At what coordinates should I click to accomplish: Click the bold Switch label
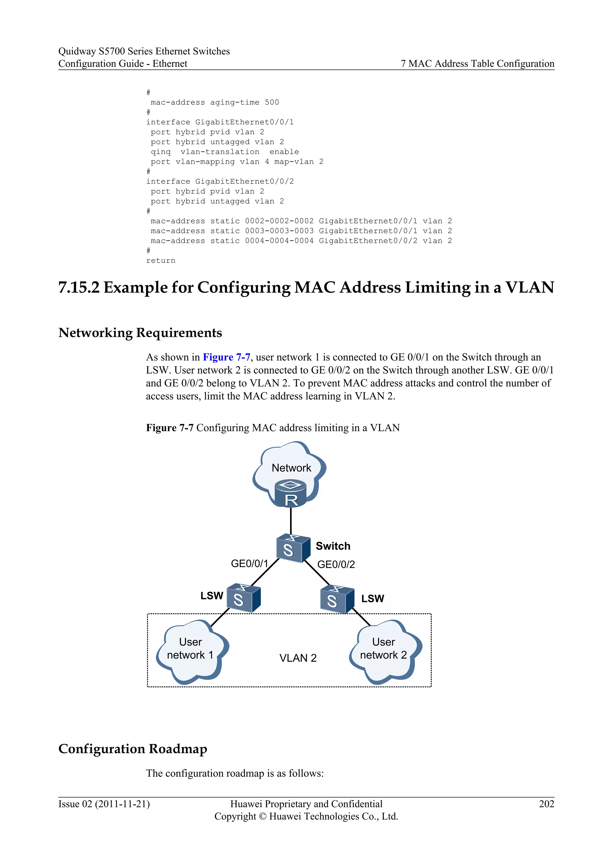(x=333, y=546)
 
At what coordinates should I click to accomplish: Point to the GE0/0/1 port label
(x=249, y=563)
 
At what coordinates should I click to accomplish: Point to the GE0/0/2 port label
(x=336, y=564)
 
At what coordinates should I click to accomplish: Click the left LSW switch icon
(x=243, y=598)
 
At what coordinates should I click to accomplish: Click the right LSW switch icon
(x=337, y=599)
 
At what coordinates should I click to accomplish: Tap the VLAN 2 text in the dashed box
(x=298, y=658)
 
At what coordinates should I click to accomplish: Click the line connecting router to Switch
(x=291, y=521)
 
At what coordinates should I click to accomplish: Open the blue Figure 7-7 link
(x=227, y=357)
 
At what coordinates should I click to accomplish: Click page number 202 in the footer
(x=546, y=804)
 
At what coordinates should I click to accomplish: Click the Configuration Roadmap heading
(x=133, y=748)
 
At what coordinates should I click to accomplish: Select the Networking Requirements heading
(x=140, y=333)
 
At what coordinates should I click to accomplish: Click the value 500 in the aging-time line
(x=272, y=102)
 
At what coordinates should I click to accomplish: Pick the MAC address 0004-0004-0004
(x=279, y=241)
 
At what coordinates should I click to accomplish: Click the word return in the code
(x=161, y=260)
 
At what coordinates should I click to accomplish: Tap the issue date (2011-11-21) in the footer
(x=122, y=804)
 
